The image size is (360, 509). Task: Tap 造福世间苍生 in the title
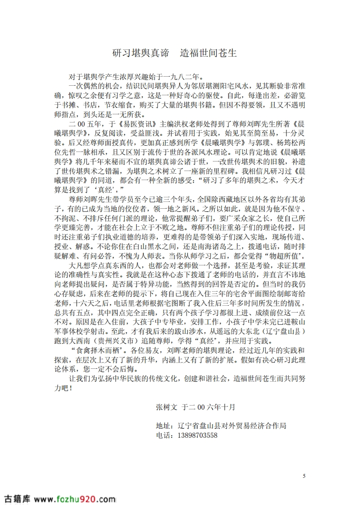(x=208, y=53)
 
